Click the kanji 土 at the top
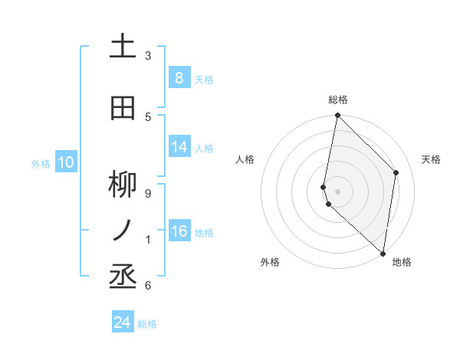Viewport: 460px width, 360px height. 123,47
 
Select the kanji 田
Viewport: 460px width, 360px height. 123,109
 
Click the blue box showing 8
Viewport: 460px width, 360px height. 179,77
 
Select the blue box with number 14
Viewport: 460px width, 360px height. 179,147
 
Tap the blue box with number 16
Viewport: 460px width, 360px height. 179,231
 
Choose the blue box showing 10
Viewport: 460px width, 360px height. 65,162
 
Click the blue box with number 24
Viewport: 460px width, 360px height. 123,322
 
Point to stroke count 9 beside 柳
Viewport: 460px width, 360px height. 148,193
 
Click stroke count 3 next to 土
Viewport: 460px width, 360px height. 148,55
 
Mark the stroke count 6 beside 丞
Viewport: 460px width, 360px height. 148,285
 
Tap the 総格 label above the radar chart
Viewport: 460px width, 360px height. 338,100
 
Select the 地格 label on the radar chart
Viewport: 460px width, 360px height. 402,262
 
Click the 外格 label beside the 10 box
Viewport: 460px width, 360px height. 40,163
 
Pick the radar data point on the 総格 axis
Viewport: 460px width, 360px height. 338,116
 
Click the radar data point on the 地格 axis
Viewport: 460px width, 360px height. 383,254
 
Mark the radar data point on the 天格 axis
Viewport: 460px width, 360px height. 396,172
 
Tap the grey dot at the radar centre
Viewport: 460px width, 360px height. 338,191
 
